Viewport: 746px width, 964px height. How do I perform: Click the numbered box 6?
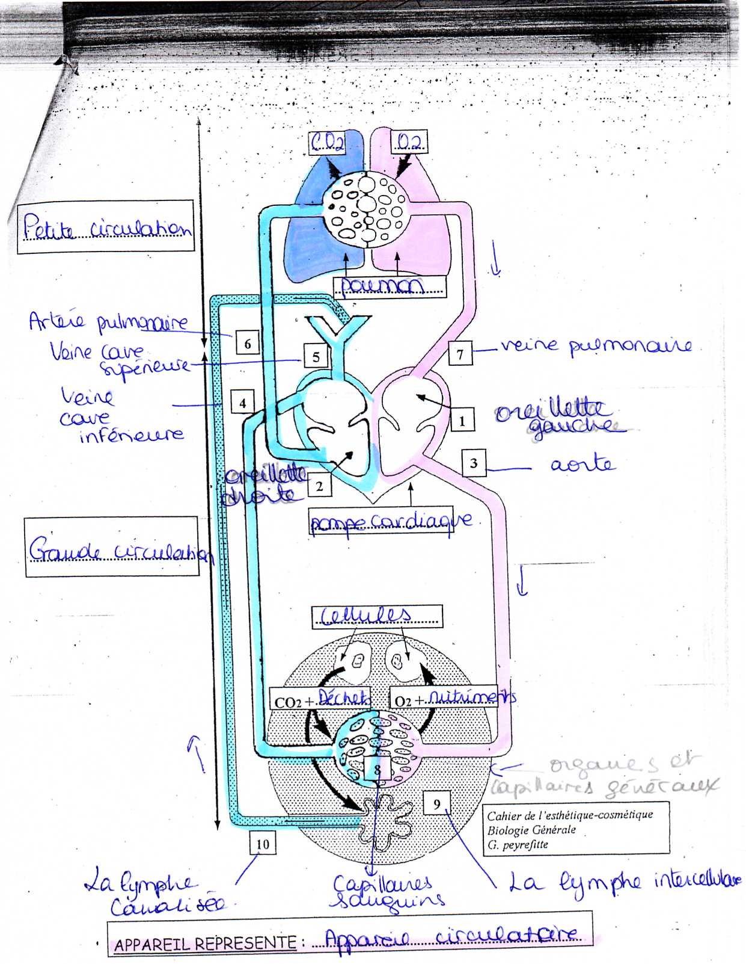tap(248, 344)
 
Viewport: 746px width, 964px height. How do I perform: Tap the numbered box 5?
tap(316, 357)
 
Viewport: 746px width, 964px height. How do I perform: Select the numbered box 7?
tap(460, 354)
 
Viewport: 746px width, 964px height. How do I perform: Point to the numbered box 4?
tap(242, 403)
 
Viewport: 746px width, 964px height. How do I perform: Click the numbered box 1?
tap(462, 421)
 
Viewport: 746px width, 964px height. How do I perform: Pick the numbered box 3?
tap(474, 463)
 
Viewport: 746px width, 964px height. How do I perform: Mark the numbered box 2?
tap(319, 486)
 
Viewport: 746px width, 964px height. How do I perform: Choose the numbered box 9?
tap(437, 803)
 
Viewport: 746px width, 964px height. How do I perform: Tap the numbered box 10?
tap(263, 843)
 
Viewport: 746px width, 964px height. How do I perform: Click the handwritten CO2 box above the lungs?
tap(328, 142)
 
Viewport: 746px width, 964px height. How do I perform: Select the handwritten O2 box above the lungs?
tap(409, 142)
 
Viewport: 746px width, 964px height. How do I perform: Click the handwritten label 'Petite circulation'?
tap(106, 227)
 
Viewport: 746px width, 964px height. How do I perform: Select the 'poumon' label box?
tap(390, 285)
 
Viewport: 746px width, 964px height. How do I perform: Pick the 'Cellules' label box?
tap(376, 616)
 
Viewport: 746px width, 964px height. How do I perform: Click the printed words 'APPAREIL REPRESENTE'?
tap(205, 944)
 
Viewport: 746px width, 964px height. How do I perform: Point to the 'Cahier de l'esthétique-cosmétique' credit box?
tap(575, 829)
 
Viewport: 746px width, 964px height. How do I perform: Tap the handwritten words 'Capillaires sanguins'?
tap(388, 891)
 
